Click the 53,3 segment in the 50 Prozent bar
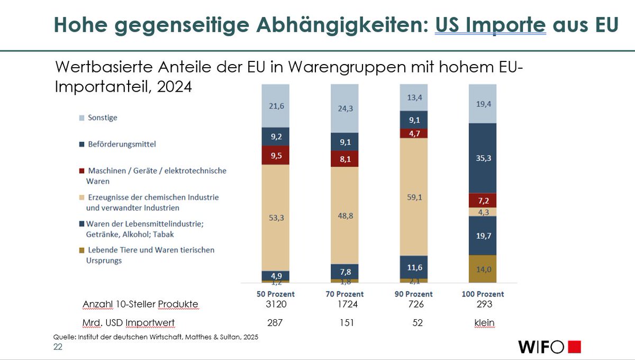click(x=276, y=217)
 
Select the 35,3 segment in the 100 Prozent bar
click(x=483, y=158)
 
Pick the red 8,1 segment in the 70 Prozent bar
click(x=344, y=158)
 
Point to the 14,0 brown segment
click(x=483, y=268)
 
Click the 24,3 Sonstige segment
click(x=344, y=108)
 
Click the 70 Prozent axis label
click(x=344, y=294)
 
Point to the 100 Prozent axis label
click(x=483, y=294)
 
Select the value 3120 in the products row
click(x=276, y=304)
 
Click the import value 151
click(x=345, y=323)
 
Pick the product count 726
click(x=414, y=304)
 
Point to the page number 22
click(x=58, y=347)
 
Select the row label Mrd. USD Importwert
click(x=129, y=323)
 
